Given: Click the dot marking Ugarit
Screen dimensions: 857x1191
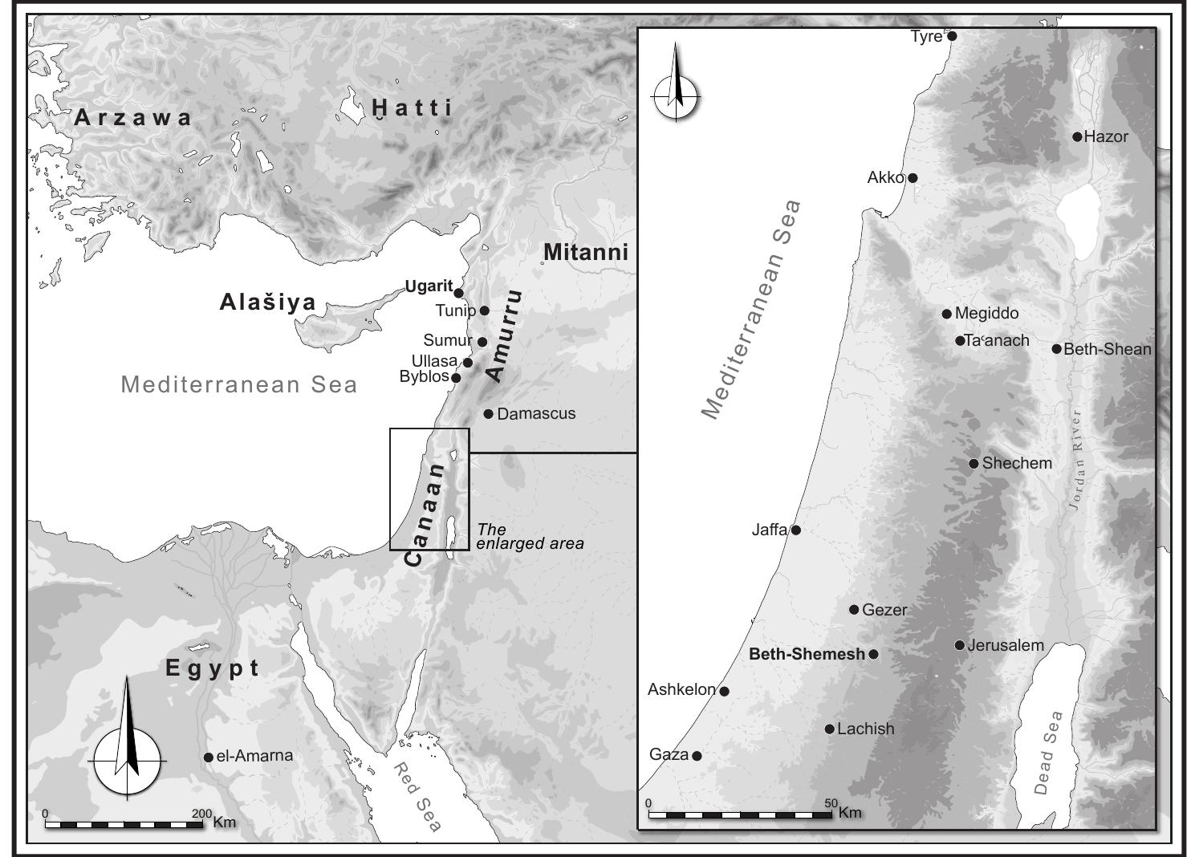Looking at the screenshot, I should coord(458,293).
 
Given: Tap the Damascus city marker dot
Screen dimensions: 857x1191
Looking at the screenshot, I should coord(488,414).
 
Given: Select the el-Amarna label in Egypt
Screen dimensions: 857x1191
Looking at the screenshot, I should coord(254,756).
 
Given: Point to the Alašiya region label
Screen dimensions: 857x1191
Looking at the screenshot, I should coord(268,303).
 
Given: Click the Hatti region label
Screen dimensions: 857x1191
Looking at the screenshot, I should coord(413,108).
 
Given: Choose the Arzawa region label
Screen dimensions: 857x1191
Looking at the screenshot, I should coord(133,118).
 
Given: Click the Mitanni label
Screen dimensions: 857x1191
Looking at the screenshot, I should coord(585,252).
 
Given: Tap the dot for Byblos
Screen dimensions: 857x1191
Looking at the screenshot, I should coord(456,378).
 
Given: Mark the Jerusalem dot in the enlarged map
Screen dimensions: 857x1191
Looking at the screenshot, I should coord(959,645).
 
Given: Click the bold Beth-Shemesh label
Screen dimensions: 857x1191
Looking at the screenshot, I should coord(807,654).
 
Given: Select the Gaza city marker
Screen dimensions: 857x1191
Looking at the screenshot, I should coord(697,756).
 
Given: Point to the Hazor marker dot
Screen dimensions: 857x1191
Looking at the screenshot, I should coord(1077,136).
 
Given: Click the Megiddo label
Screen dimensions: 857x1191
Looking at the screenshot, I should coord(986,314).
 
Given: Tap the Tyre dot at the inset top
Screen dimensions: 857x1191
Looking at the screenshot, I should coord(952,36).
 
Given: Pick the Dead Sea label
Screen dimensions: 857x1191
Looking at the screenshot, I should coord(1048,752).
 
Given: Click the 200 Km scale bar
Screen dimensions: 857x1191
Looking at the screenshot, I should coord(124,824).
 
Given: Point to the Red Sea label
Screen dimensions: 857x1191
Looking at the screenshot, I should coord(417,797).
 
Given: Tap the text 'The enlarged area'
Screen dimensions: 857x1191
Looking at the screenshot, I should coord(530,536).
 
